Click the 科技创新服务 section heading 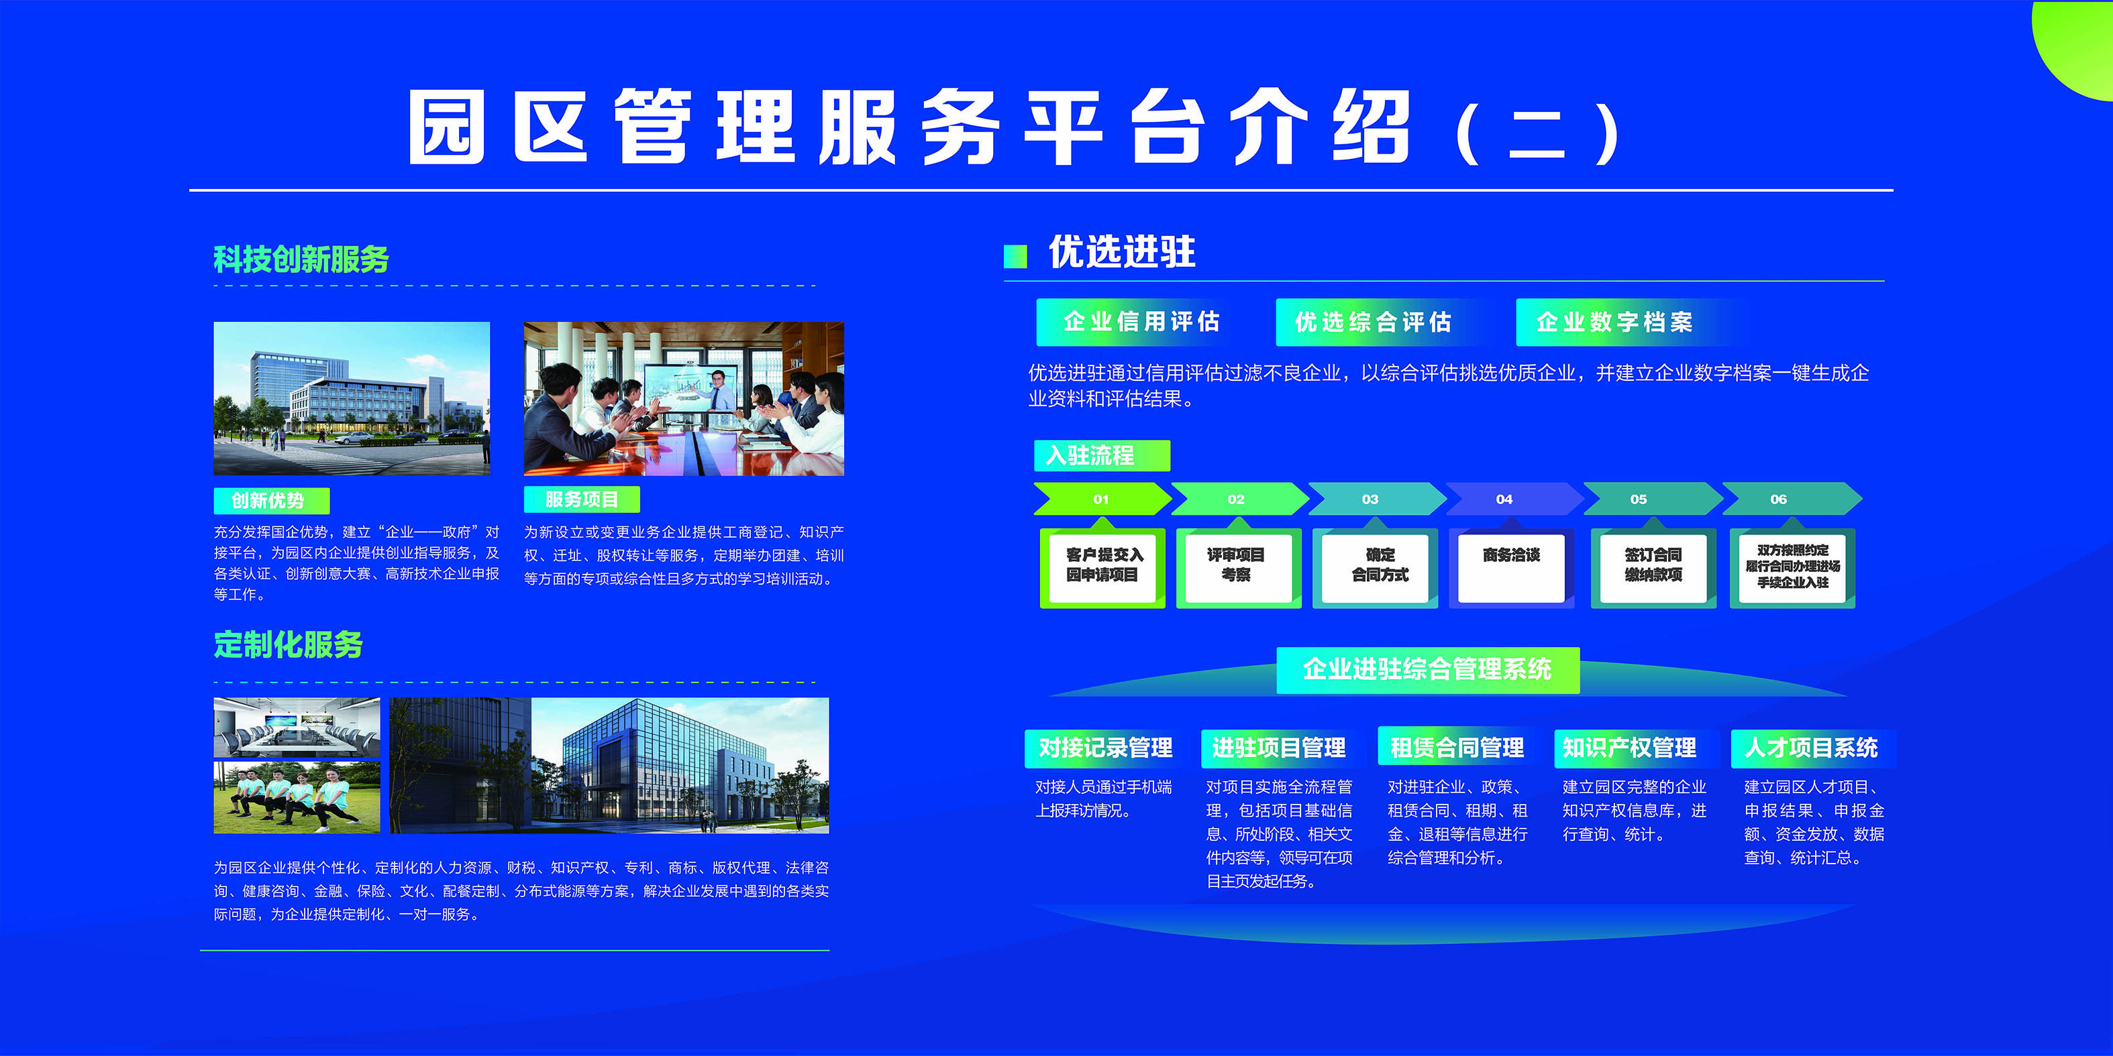[301, 259]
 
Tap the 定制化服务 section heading [288, 644]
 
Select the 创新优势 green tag [272, 500]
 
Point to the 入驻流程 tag [1102, 455]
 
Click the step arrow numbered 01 [1102, 498]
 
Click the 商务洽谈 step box [1511, 568]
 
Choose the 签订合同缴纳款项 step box [1653, 568]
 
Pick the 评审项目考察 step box [1239, 568]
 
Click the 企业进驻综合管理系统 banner [1427, 670]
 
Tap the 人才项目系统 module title [1811, 748]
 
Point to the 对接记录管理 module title [1105, 748]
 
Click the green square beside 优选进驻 [1015, 257]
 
